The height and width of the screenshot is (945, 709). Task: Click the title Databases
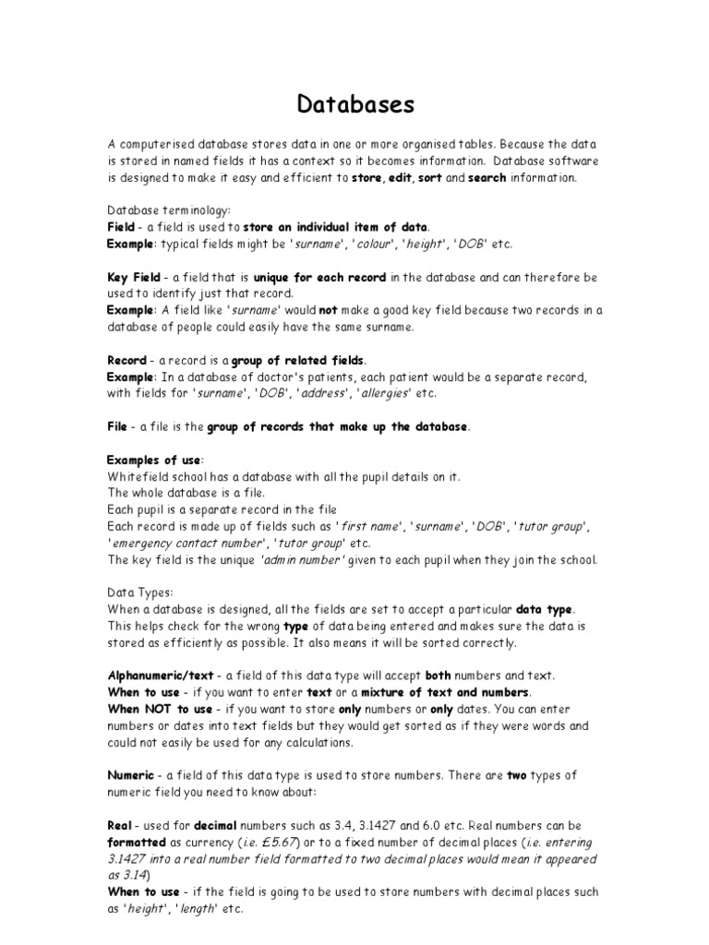click(355, 104)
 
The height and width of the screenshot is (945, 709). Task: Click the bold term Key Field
click(135, 277)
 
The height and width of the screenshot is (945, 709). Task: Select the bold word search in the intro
click(487, 178)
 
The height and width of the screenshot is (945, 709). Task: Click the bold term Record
click(127, 360)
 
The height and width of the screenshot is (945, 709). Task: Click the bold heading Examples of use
click(154, 460)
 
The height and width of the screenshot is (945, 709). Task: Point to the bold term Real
click(121, 825)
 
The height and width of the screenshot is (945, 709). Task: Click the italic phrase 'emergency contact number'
click(187, 543)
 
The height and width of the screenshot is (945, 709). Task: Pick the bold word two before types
click(517, 775)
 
